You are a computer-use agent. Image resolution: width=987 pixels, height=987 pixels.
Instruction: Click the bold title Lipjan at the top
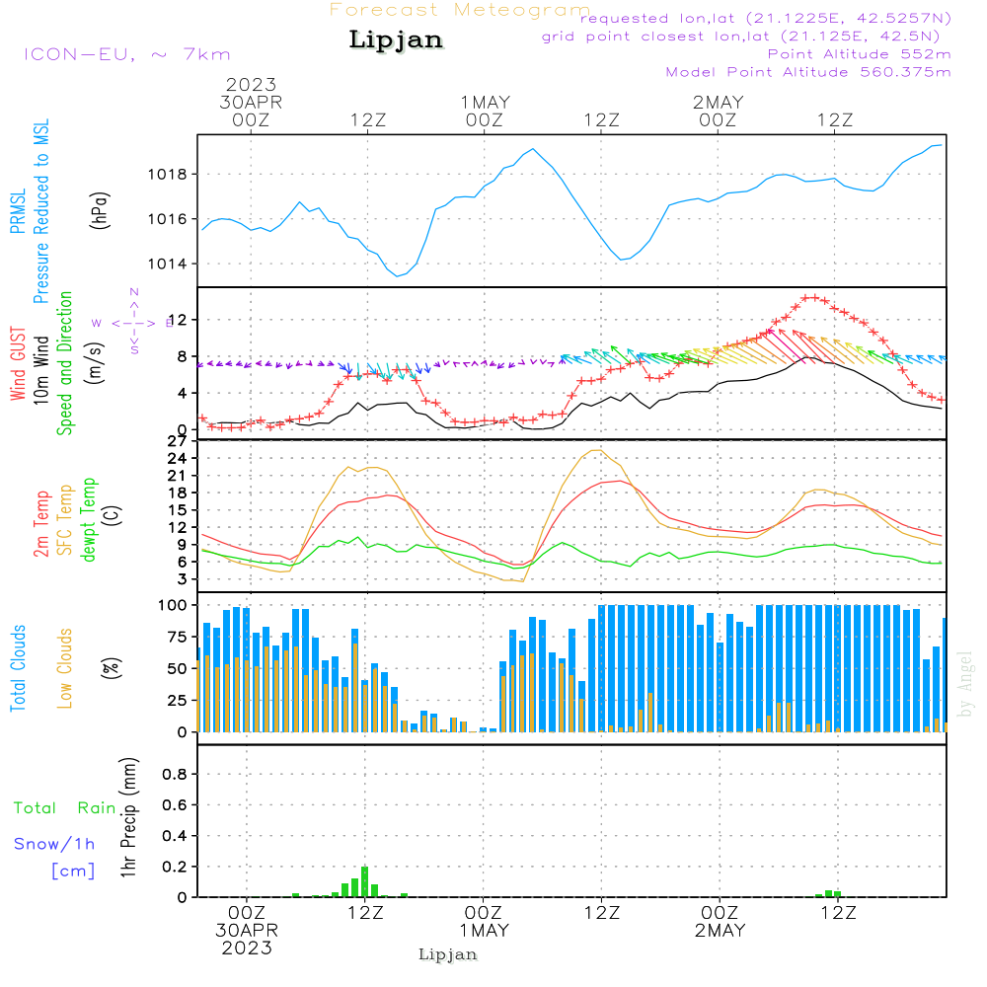(396, 40)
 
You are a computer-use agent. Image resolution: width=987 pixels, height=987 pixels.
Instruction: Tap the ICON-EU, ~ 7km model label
(126, 54)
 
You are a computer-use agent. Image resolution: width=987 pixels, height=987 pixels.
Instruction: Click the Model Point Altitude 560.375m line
(808, 71)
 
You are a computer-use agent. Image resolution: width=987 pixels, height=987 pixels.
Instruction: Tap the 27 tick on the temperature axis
(178, 441)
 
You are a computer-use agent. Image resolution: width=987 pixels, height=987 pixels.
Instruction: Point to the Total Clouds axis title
(19, 668)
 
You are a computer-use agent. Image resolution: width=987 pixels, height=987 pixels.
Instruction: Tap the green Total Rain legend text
(64, 808)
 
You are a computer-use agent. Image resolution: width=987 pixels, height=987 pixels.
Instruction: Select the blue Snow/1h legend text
(55, 844)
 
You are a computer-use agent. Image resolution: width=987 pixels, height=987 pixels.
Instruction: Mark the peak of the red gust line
(810, 297)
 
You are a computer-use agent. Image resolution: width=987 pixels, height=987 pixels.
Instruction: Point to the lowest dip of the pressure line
(398, 275)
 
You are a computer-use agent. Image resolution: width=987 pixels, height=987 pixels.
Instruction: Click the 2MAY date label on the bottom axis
(720, 931)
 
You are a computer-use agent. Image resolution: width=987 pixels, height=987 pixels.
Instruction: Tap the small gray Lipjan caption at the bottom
(447, 954)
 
